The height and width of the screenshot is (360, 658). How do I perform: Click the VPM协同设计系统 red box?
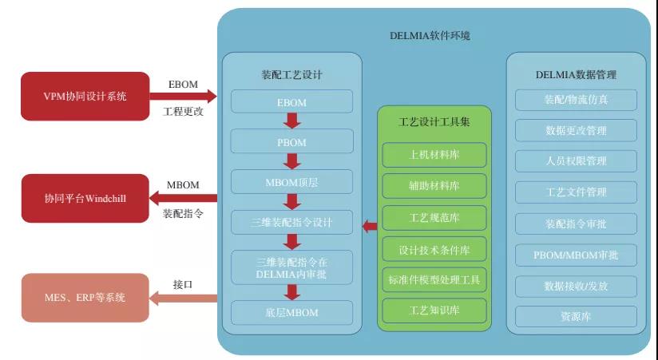click(x=85, y=96)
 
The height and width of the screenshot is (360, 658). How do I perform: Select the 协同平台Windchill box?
click(x=85, y=198)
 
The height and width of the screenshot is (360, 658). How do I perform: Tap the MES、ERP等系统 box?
click(x=85, y=298)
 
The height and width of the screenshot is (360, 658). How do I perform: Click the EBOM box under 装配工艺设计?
click(x=291, y=101)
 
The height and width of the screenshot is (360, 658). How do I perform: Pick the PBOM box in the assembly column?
click(x=291, y=141)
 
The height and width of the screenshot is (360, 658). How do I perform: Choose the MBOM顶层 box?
click(x=291, y=182)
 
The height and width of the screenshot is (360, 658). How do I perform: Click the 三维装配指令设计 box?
click(x=291, y=222)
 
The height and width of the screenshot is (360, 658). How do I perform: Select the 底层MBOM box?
click(x=291, y=312)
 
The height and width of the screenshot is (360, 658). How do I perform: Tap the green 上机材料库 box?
click(x=434, y=155)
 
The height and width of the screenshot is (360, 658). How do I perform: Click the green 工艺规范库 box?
click(x=434, y=217)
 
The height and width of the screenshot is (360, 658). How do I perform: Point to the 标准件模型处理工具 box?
click(x=434, y=279)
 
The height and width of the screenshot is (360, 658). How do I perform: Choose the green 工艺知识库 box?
click(x=434, y=310)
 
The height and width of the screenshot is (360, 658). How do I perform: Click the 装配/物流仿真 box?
click(x=576, y=100)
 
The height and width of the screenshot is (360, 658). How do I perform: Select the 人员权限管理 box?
click(x=576, y=161)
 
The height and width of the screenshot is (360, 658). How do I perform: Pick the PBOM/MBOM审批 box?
click(x=576, y=255)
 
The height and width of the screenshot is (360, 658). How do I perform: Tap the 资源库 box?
click(x=576, y=317)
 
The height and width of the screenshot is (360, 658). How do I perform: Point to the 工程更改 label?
click(x=183, y=112)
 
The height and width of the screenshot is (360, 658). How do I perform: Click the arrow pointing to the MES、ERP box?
click(x=184, y=299)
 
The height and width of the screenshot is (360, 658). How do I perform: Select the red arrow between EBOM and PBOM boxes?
click(x=291, y=121)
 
